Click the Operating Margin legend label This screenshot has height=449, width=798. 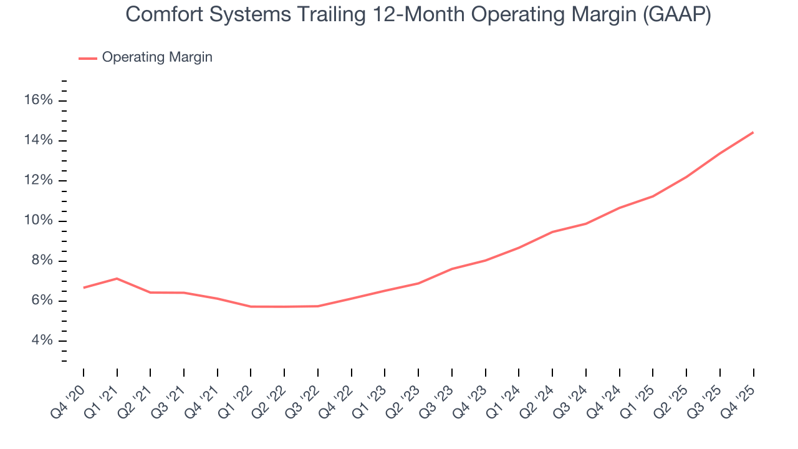click(x=157, y=57)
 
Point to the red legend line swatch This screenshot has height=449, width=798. click(x=88, y=58)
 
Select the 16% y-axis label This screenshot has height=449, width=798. click(x=38, y=100)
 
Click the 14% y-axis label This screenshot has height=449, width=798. click(x=38, y=140)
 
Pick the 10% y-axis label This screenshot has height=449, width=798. click(x=38, y=221)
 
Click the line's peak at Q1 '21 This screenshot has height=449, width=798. click(x=117, y=278)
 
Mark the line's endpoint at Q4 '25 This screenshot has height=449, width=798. click(x=753, y=132)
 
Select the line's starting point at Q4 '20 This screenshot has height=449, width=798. click(x=84, y=287)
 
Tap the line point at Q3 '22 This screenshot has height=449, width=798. click(x=318, y=306)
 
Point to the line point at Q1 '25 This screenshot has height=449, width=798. click(x=653, y=196)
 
